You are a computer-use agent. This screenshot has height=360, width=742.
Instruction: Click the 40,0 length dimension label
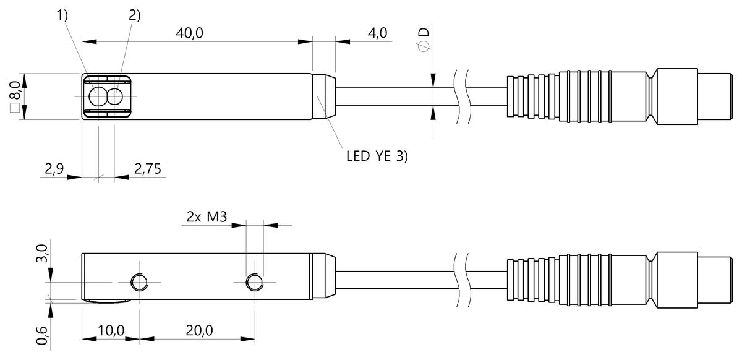click(189, 33)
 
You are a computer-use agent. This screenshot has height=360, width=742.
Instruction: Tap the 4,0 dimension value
click(378, 33)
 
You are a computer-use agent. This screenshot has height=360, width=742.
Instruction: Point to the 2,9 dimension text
click(55, 168)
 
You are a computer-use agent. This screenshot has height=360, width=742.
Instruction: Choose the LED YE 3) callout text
click(377, 156)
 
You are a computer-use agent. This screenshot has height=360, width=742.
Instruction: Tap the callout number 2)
click(135, 17)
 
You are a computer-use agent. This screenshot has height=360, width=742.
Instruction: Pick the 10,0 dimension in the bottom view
click(111, 331)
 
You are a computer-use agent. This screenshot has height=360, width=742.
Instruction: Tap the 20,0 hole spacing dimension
click(198, 331)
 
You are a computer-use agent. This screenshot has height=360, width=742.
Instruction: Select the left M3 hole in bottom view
click(139, 283)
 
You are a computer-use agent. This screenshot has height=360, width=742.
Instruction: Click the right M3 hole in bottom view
click(254, 283)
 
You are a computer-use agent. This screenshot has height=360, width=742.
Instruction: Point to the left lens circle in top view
click(98, 97)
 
